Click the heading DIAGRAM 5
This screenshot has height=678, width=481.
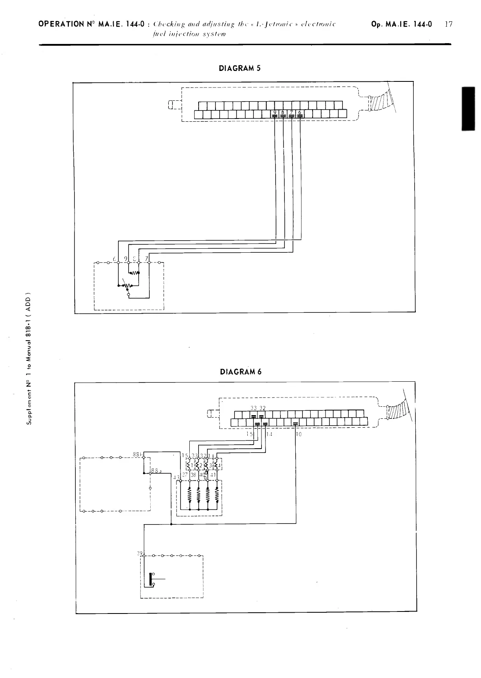tap(240, 68)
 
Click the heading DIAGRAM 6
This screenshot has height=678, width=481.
tap(240, 372)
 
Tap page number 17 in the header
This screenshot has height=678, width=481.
tap(448, 24)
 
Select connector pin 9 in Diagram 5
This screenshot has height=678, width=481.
tap(275, 113)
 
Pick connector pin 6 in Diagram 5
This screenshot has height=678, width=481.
tap(300, 113)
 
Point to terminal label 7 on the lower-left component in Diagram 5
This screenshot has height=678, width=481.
tap(147, 258)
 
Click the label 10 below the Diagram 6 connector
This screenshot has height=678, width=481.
tap(299, 435)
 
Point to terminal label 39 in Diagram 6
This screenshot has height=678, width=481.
tap(140, 553)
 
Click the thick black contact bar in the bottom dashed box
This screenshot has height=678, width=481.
tap(151, 579)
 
